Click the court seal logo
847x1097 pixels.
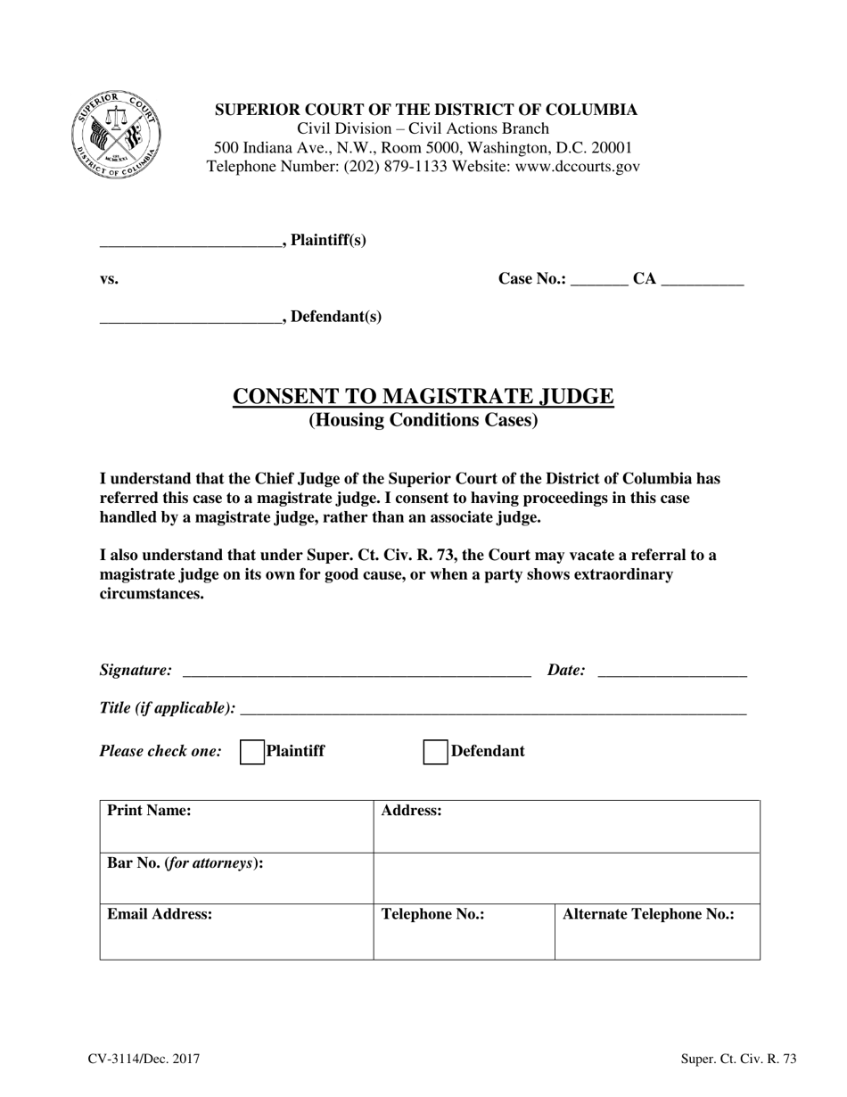[x=117, y=134]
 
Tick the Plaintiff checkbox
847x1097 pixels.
[x=252, y=752]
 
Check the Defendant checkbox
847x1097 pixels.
[x=435, y=752]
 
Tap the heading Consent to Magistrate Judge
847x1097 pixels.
[x=423, y=396]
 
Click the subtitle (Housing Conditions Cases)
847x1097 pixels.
[x=423, y=420]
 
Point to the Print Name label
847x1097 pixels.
[x=149, y=811]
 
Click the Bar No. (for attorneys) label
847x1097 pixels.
[x=185, y=863]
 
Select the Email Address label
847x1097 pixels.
[x=160, y=914]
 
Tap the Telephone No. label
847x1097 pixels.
[x=432, y=914]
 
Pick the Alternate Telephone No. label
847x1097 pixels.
[x=648, y=914]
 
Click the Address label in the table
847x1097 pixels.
[x=411, y=811]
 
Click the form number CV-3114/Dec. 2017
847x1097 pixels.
[x=144, y=1060]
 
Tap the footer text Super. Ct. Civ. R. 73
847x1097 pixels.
[x=738, y=1060]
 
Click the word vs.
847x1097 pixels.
[x=109, y=279]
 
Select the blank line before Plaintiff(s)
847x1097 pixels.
[x=190, y=242]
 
